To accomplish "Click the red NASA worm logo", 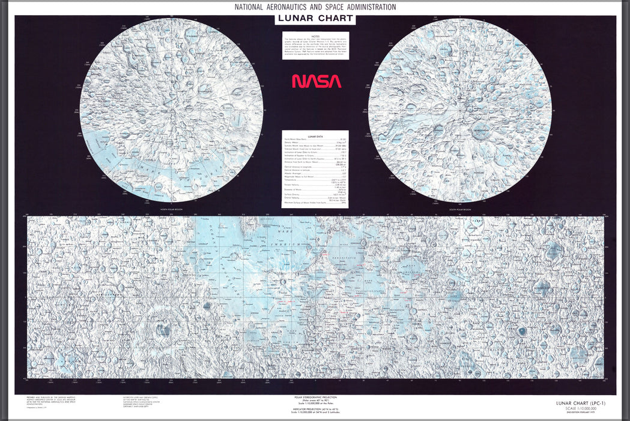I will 317,81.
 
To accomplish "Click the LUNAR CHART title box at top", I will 315,19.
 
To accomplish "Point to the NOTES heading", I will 315,35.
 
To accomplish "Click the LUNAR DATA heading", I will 315,137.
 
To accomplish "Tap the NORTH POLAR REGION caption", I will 171,209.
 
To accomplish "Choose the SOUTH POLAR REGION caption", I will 459,209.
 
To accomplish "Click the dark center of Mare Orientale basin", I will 161,328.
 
